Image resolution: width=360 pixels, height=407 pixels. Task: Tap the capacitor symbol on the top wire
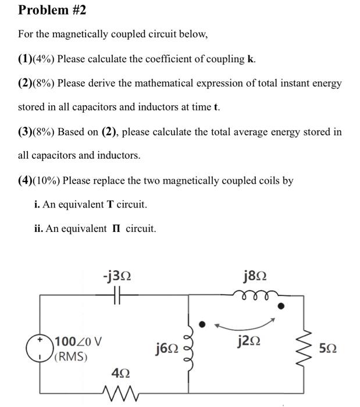click(116, 295)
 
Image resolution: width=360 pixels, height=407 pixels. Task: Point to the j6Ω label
click(167, 348)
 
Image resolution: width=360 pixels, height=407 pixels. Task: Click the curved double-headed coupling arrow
click(245, 322)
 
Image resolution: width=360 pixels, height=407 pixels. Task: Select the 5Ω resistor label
click(328, 348)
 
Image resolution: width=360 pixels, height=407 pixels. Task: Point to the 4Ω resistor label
click(118, 372)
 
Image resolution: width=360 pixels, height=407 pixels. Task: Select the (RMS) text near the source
click(70, 356)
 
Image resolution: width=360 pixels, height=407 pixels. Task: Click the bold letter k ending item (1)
click(251, 59)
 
